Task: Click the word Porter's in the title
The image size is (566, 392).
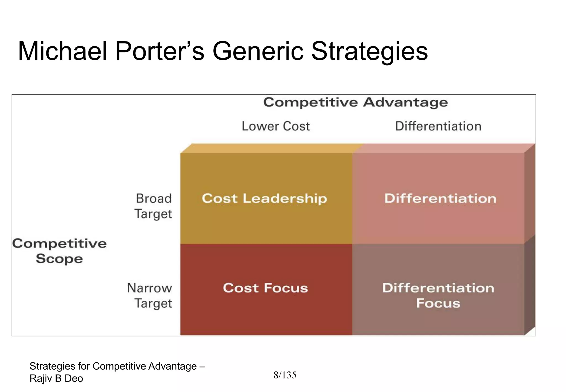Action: coord(159,51)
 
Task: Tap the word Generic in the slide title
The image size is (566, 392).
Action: coord(257,51)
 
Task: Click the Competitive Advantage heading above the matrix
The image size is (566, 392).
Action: coord(355,103)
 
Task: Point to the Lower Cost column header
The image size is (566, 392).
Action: coord(276,126)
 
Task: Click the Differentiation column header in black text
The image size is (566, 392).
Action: coord(438,126)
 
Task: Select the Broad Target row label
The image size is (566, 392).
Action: coord(153,206)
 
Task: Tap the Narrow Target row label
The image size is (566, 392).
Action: coord(150,296)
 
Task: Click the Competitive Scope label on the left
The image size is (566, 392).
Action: coord(59,251)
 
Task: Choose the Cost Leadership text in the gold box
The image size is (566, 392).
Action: coord(264,199)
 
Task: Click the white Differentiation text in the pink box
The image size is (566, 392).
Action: coord(440,199)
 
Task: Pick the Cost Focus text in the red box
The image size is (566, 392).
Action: coord(265,288)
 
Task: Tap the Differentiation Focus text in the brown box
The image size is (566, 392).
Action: coord(438,295)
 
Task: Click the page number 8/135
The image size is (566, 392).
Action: coord(285,375)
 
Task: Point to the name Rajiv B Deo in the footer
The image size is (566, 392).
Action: coord(56,378)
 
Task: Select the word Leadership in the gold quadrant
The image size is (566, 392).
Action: coord(285,199)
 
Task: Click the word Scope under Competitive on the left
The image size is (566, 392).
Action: coord(59,259)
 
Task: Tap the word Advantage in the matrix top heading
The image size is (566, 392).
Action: coord(405,103)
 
